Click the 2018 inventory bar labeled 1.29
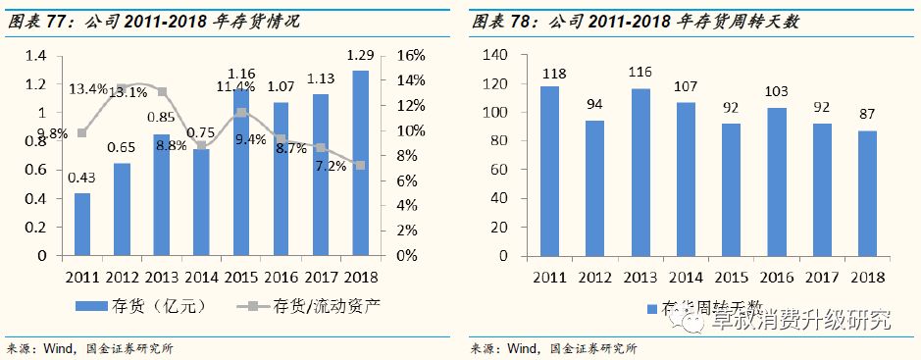pyautogui.click(x=359, y=163)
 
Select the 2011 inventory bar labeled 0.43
pyautogui.click(x=82, y=225)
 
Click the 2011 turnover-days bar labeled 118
pyautogui.click(x=551, y=171)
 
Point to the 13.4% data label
pyautogui.click(x=87, y=90)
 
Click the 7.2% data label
pyautogui.click(x=330, y=167)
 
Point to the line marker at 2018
pyautogui.click(x=360, y=165)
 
